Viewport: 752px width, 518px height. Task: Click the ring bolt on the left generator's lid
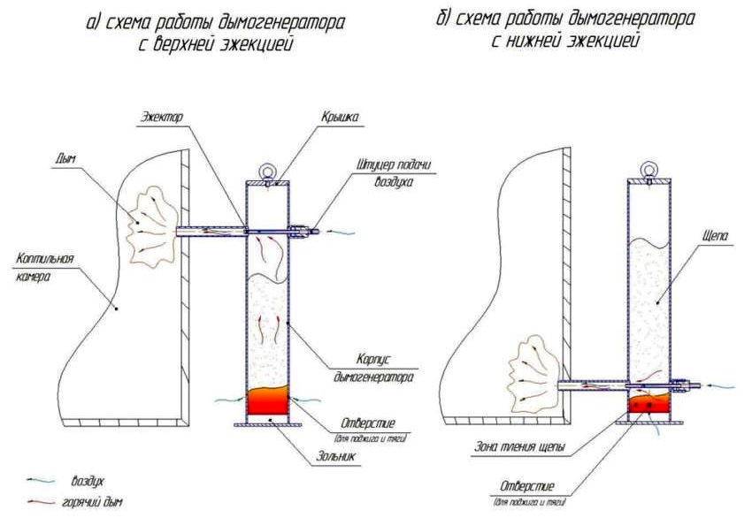coord(266,171)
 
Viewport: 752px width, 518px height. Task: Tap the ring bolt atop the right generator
coord(648,169)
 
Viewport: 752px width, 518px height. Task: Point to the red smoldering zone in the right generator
coord(648,406)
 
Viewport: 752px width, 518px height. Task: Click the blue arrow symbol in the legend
coord(36,480)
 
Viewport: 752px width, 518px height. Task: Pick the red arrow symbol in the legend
coord(36,501)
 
